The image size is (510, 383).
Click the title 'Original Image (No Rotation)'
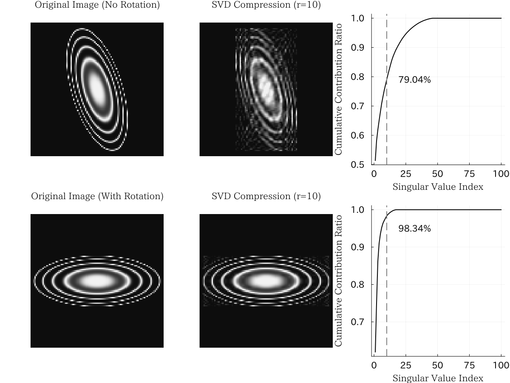[x=97, y=6]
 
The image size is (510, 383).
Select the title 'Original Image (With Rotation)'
[x=97, y=197]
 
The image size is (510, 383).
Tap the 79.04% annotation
[x=414, y=80]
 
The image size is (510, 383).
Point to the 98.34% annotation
[x=414, y=229]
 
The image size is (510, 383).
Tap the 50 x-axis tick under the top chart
[x=437, y=174]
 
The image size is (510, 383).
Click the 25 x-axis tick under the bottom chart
[x=405, y=365]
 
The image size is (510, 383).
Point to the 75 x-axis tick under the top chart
[x=469, y=174]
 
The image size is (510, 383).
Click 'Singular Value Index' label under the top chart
[x=438, y=187]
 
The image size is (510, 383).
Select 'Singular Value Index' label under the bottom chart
[x=438, y=378]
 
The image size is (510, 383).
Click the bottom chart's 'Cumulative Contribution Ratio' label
[x=338, y=280]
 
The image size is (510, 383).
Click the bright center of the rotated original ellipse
[x=97, y=281]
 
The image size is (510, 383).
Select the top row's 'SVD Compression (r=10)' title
[x=266, y=6]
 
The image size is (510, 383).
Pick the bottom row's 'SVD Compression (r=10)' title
[x=266, y=197]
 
